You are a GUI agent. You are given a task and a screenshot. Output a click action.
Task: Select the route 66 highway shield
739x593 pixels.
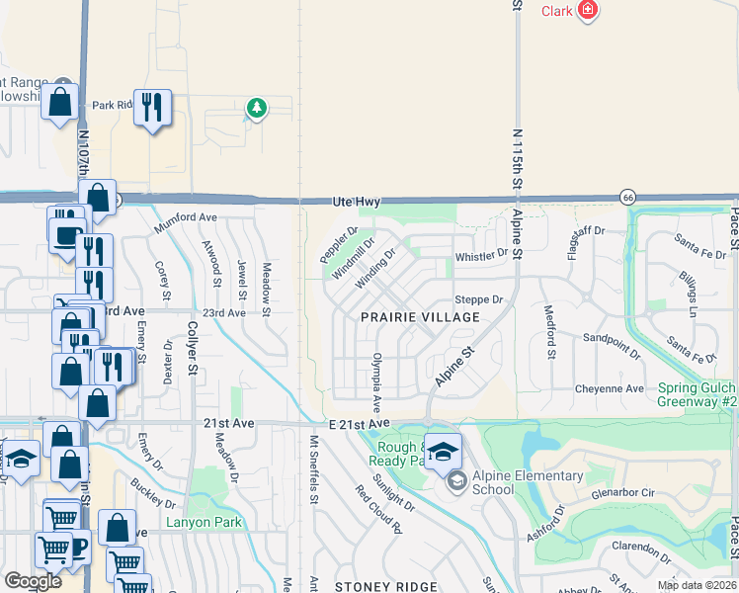627,197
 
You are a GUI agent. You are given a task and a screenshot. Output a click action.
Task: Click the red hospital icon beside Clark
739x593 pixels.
589,11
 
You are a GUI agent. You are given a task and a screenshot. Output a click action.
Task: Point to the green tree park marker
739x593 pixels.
257,108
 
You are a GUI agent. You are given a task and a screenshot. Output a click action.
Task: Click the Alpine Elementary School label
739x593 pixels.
528,482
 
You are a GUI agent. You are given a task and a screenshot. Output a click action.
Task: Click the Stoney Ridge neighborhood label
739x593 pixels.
385,587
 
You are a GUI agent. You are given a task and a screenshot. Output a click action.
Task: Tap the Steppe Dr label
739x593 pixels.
479,299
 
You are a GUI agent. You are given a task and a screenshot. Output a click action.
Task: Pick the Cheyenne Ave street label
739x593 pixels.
611,388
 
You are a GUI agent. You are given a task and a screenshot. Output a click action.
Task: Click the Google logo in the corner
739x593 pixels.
33,581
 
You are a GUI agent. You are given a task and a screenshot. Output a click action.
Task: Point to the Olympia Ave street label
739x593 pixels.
376,383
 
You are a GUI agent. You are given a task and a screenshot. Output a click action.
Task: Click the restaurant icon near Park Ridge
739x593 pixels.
152,108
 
